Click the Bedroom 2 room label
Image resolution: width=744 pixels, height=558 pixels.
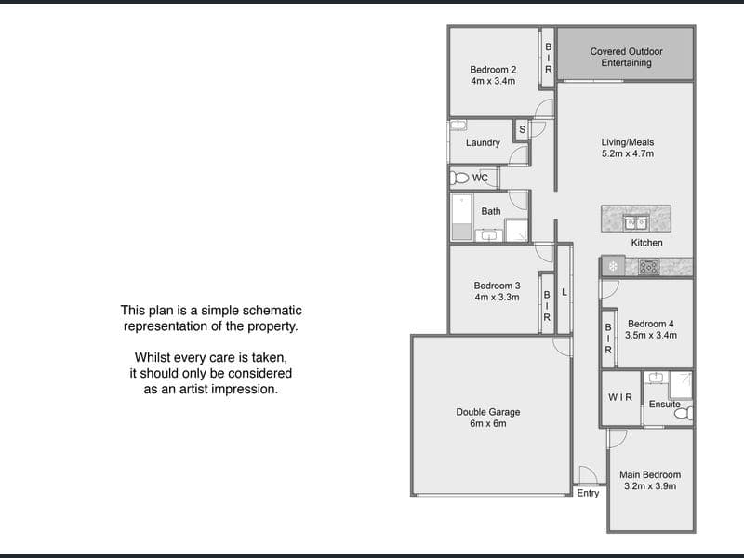tap(493, 70)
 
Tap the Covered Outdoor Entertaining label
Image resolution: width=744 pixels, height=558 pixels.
tap(626, 57)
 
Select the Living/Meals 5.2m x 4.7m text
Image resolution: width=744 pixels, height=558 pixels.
tap(628, 148)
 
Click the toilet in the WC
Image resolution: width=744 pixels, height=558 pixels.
tap(459, 178)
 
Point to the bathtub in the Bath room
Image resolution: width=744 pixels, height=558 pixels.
tap(461, 217)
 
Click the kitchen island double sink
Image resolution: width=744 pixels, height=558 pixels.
tap(636, 222)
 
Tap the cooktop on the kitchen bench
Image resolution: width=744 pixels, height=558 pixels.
tap(648, 267)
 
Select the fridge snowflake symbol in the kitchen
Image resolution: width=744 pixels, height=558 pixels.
tap(613, 267)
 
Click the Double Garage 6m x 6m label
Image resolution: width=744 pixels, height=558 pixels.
tap(488, 418)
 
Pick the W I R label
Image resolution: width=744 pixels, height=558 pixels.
tap(620, 397)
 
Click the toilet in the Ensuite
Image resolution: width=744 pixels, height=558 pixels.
tap(684, 413)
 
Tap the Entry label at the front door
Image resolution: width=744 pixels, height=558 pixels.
tap(588, 493)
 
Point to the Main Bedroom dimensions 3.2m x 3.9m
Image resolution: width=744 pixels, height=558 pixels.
tap(650, 485)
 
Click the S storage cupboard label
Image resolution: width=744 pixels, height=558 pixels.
tap(523, 129)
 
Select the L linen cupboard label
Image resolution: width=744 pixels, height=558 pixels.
tap(565, 292)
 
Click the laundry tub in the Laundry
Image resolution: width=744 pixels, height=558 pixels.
tap(458, 126)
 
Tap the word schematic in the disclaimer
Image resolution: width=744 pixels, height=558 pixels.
tap(272, 311)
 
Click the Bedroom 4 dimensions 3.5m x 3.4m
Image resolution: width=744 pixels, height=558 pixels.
tap(651, 335)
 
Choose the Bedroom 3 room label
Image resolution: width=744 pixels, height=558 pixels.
tap(497, 286)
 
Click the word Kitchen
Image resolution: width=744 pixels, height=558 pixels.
tap(646, 243)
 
